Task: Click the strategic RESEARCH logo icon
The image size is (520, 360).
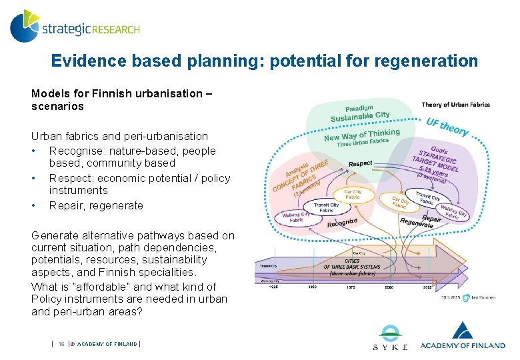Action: pyautogui.click(x=24, y=26)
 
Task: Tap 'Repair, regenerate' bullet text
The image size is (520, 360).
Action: pyautogui.click(x=96, y=206)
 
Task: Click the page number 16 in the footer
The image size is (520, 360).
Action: pyautogui.click(x=61, y=344)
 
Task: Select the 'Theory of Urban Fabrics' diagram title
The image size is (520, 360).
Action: pyautogui.click(x=455, y=104)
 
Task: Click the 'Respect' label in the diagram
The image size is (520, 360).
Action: pyautogui.click(x=360, y=163)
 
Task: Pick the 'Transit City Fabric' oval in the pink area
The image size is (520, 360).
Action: pyautogui.click(x=326, y=208)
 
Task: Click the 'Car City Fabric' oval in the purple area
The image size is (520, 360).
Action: pyautogui.click(x=401, y=202)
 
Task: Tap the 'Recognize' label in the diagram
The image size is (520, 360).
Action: pyautogui.click(x=342, y=222)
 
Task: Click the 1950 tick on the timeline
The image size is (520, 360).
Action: pyautogui.click(x=313, y=287)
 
